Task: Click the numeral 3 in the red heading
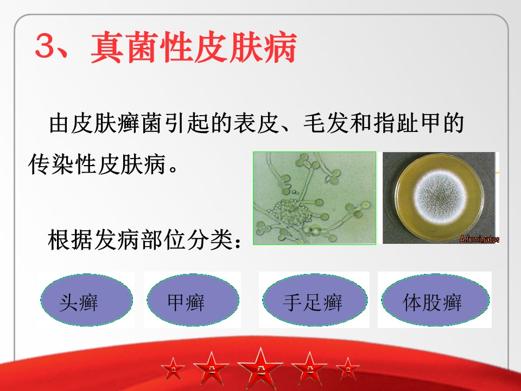point(45,46)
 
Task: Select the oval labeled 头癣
point(86,300)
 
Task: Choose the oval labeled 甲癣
point(193,300)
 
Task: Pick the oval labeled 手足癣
point(315,300)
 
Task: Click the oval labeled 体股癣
point(435,300)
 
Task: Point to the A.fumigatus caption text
point(479,239)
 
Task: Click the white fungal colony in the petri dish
point(440,197)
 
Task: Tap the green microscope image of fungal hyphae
point(314,198)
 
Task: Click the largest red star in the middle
point(260,368)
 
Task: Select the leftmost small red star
point(173,369)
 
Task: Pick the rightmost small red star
point(347,369)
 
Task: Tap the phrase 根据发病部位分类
point(139,239)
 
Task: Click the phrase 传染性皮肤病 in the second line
point(97,164)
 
